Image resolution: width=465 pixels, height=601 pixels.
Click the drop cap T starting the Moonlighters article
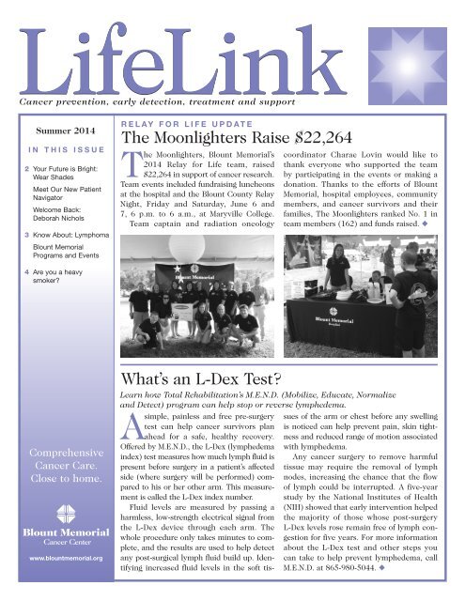coord(132,170)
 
